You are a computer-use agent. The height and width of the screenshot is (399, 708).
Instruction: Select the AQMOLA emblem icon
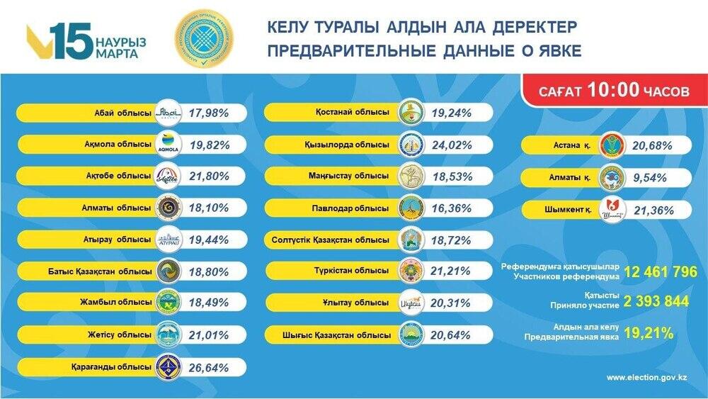tap(168, 144)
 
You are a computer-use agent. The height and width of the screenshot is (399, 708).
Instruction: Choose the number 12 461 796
tap(661, 272)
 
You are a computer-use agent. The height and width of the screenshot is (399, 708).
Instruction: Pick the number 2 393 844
tap(656, 301)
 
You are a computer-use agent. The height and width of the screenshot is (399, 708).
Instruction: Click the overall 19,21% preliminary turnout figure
tap(648, 332)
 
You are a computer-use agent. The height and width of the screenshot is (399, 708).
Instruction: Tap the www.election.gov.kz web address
tap(647, 379)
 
